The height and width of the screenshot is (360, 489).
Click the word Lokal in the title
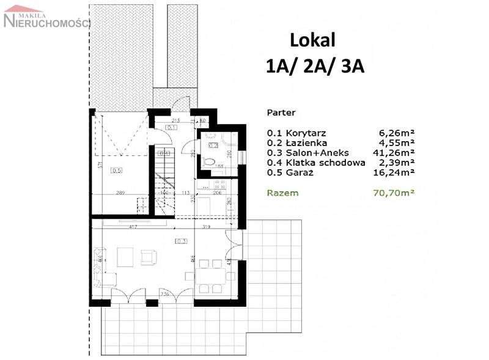(x=313, y=40)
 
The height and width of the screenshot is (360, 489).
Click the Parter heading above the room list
(x=281, y=113)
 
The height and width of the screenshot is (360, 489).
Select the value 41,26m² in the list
(x=393, y=153)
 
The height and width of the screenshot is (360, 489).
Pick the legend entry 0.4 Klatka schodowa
(x=316, y=163)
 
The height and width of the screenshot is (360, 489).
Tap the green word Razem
(x=282, y=193)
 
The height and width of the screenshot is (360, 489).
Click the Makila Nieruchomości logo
(x=46, y=18)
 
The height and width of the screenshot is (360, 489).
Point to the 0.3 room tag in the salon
(x=181, y=241)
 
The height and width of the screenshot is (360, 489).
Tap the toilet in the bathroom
(x=210, y=161)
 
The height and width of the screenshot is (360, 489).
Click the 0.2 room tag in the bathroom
(x=213, y=146)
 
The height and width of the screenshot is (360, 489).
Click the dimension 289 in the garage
(x=120, y=193)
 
